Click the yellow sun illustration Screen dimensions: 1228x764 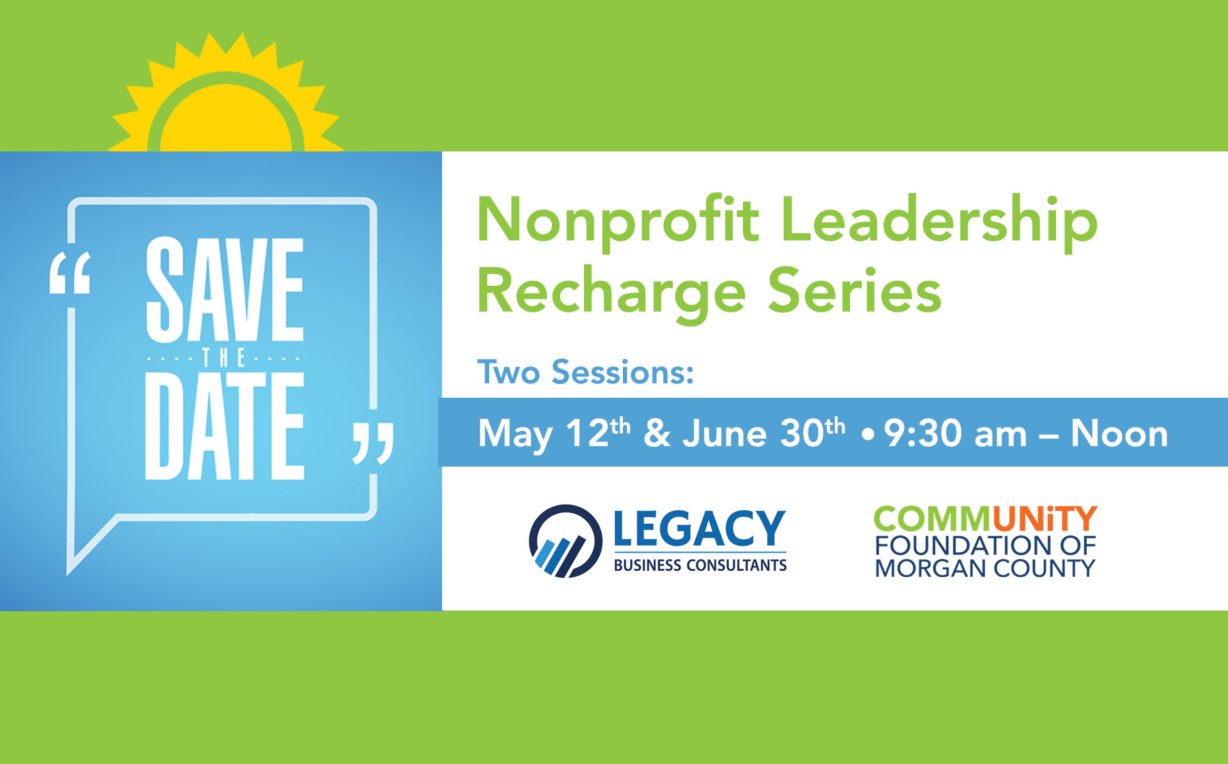pos(226,102)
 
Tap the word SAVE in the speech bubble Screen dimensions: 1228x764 pos(224,289)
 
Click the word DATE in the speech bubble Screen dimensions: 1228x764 pos(224,426)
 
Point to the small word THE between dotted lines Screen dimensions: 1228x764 pos(224,357)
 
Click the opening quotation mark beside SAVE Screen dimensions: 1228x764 pos(70,274)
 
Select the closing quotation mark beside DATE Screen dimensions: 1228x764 pos(373,443)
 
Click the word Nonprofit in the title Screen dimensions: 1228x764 pos(618,220)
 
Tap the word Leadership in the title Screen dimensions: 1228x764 pos(939,220)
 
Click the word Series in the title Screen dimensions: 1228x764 pos(855,291)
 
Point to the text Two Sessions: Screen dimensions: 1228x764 pos(585,372)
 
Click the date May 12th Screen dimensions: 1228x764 pos(554,433)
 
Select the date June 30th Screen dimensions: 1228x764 pos(764,432)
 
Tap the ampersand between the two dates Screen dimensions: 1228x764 pos(657,434)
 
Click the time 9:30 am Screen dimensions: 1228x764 pos(956,434)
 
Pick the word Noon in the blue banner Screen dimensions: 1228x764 pos(1120,434)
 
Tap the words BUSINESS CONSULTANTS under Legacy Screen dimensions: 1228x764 pos(700,565)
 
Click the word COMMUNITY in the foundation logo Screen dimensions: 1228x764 pos(985,520)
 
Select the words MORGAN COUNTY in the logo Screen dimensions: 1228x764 pos(985,568)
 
